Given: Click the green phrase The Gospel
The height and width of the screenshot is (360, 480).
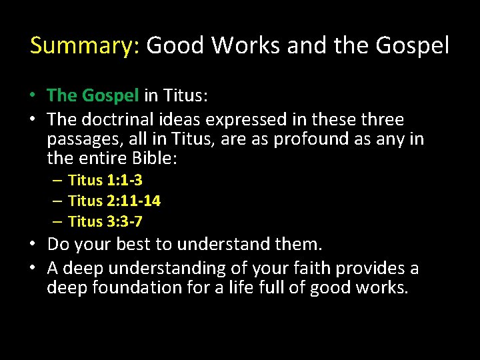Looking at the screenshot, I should tap(93, 96).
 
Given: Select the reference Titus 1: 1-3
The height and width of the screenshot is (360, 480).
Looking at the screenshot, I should tap(105, 180).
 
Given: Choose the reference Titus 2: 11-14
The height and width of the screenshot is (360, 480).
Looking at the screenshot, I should tap(114, 201).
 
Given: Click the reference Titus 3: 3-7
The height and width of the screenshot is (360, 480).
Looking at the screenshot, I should tap(105, 221).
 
